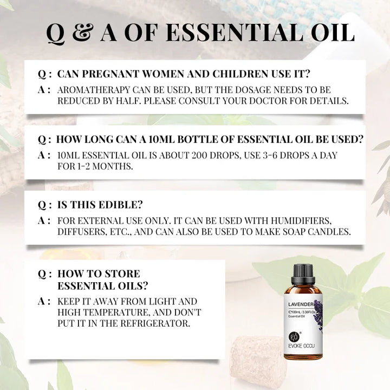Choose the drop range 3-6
(x=276, y=155)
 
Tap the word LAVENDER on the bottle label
(x=300, y=304)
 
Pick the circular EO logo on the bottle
(x=293, y=334)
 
